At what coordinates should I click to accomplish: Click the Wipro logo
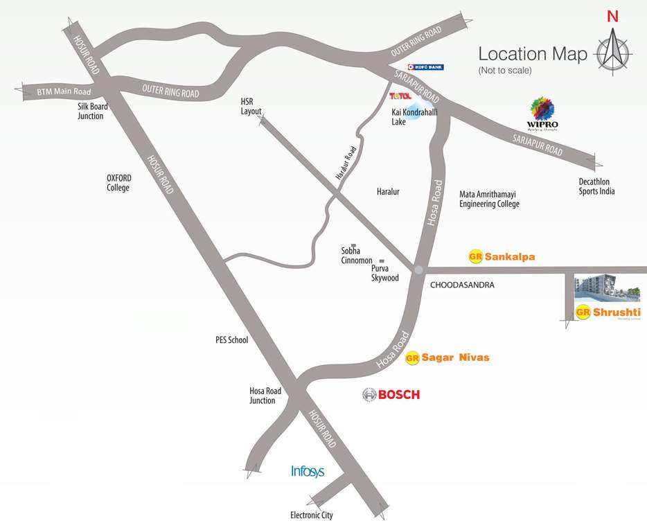click(x=542, y=114)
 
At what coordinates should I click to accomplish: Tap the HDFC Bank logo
click(x=425, y=67)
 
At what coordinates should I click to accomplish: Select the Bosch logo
click(x=391, y=395)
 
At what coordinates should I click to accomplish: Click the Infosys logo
click(x=308, y=472)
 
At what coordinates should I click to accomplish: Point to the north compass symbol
click(x=612, y=48)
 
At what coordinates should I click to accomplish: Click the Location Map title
click(x=533, y=54)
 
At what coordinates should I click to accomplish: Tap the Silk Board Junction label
click(x=90, y=112)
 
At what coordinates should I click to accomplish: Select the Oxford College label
click(x=118, y=182)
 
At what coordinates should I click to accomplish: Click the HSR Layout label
click(x=251, y=106)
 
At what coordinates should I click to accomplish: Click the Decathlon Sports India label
click(x=596, y=186)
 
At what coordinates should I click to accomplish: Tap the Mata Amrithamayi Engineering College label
click(x=489, y=199)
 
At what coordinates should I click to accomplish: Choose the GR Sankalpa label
click(x=502, y=256)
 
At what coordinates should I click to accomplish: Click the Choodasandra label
click(x=462, y=285)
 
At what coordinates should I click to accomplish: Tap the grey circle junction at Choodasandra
click(x=418, y=269)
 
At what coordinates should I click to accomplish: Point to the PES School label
click(x=231, y=340)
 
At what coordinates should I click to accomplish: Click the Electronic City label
click(x=311, y=515)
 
